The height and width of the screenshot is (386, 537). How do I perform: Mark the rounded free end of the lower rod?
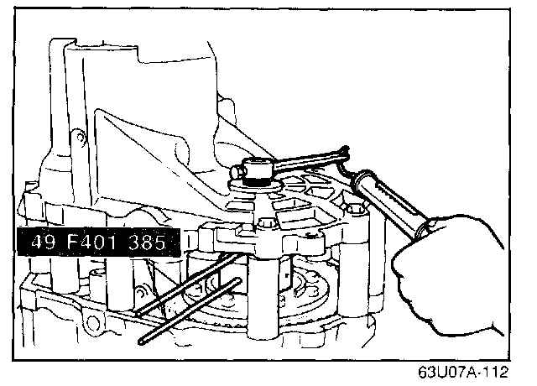click(142, 341)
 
